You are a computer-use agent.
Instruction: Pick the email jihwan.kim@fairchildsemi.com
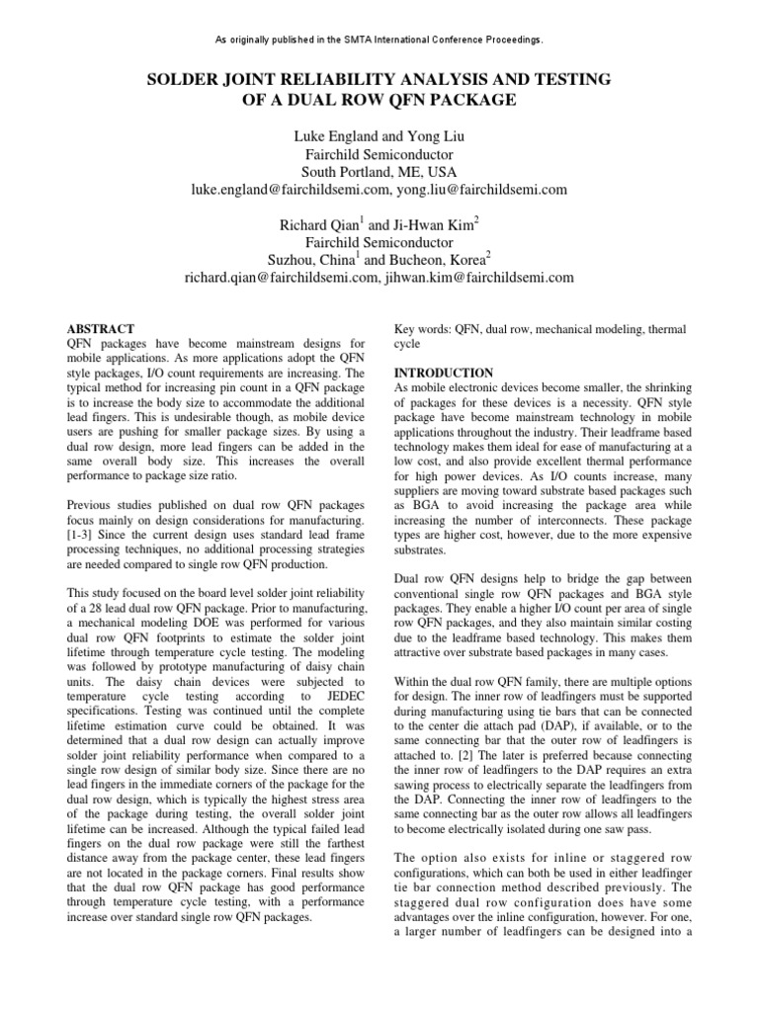click(x=479, y=279)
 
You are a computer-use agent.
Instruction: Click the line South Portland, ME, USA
click(x=379, y=171)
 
